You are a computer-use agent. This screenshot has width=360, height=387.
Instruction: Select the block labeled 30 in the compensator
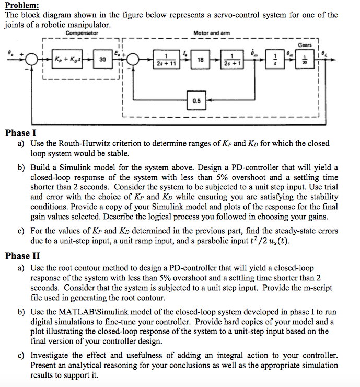click(103, 60)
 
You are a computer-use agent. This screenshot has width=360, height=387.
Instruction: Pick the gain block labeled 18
click(200, 60)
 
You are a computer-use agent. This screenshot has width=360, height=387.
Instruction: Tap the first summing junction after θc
click(32, 60)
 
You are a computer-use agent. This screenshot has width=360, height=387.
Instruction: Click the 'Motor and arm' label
click(211, 33)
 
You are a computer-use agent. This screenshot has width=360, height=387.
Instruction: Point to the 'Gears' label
click(305, 45)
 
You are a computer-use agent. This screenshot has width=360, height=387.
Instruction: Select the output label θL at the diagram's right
click(328, 53)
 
